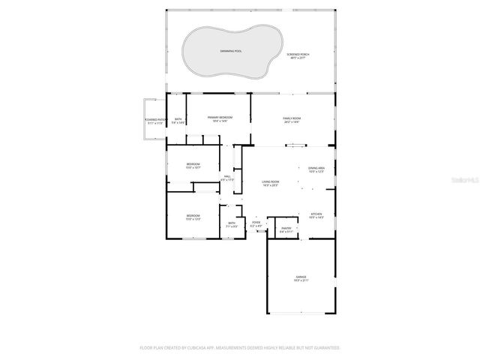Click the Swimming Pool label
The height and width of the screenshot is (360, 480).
[x=231, y=51]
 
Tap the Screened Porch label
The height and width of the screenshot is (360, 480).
[x=298, y=54]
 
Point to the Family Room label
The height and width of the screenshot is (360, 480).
[x=292, y=118]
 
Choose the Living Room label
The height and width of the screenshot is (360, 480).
[x=270, y=181]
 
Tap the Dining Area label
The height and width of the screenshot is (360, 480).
[x=316, y=168]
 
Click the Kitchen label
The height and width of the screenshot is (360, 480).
[x=316, y=214]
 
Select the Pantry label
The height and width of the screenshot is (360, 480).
[x=286, y=228]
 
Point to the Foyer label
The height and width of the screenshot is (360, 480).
[x=256, y=222]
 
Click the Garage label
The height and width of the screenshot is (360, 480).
[x=301, y=277]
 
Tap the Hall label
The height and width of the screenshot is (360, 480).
[x=226, y=176]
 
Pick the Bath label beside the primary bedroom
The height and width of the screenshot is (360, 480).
[x=178, y=119]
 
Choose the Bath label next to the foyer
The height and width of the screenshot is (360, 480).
[x=232, y=223]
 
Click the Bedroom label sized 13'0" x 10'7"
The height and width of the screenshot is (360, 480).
[x=193, y=164]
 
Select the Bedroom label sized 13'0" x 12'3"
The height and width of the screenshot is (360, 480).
[x=193, y=216]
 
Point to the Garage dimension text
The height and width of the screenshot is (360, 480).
[x=301, y=280]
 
